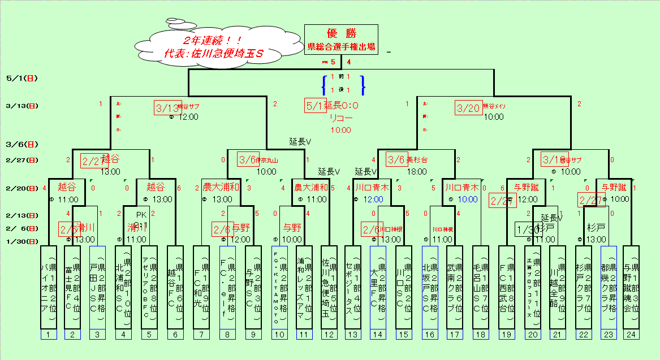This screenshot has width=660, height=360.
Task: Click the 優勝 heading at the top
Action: pyautogui.click(x=341, y=33)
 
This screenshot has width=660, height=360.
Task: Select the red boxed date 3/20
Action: pyautogui.click(x=468, y=108)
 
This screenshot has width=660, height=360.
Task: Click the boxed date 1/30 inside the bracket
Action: pyautogui.click(x=527, y=229)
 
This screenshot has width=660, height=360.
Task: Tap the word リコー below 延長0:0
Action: pyautogui.click(x=340, y=118)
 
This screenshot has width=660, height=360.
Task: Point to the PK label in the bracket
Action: pyautogui.click(x=141, y=214)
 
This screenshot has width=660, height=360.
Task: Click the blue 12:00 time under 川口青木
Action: pyautogui.click(x=373, y=199)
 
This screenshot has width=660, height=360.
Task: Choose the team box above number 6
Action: pyautogui.click(x=175, y=287)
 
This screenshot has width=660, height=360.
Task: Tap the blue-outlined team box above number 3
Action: pyautogui.click(x=97, y=287)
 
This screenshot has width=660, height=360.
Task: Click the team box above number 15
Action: pyautogui.click(x=403, y=287)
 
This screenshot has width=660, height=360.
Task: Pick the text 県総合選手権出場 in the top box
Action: pyautogui.click(x=341, y=46)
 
